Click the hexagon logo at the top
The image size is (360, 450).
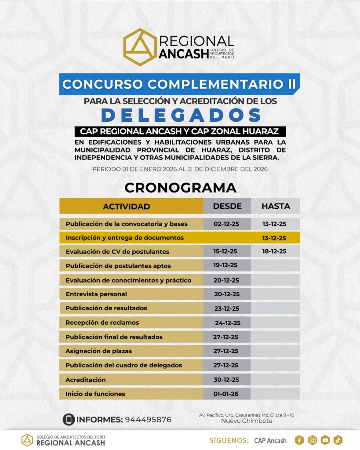[140, 47]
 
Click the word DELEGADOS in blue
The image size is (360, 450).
[181, 115]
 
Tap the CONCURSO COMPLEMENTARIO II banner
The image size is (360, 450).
[180, 84]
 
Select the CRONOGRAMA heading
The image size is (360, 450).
[180, 187]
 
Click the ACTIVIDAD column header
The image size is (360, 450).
[126, 206]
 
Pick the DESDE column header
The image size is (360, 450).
[227, 206]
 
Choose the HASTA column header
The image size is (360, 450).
[276, 206]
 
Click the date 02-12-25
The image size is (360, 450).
[226, 224]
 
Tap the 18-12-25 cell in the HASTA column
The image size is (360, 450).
[274, 251]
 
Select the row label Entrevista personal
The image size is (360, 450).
[96, 294]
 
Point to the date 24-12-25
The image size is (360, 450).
[227, 323]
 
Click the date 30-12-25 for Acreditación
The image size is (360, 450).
[226, 380]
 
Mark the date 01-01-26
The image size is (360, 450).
[226, 394]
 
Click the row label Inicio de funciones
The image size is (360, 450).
[95, 394]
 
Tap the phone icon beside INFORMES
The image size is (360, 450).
[68, 419]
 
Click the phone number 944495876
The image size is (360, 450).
[148, 419]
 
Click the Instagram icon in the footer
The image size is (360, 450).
[313, 440]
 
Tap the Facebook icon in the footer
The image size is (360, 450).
[300, 440]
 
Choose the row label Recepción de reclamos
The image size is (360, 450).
[102, 323]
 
